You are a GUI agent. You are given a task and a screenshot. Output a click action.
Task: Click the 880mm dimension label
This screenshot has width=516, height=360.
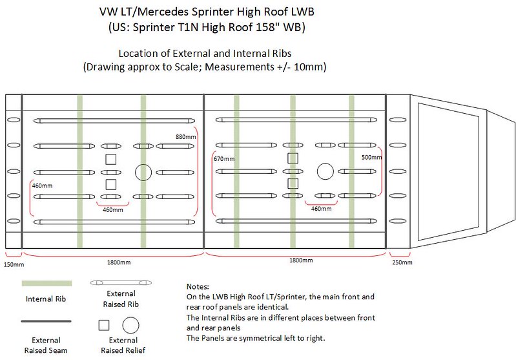(x=185, y=136)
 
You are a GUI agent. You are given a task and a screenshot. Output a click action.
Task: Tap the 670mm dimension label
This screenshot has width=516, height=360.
(x=224, y=159)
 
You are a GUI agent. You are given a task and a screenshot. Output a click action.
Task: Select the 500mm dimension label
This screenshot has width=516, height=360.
(x=371, y=158)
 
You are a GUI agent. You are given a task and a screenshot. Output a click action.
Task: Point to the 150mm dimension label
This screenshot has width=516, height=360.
(x=14, y=264)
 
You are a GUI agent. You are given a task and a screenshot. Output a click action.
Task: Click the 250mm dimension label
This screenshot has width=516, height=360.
(x=402, y=262)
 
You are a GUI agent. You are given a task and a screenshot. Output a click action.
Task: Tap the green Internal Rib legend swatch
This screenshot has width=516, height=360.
(x=46, y=283)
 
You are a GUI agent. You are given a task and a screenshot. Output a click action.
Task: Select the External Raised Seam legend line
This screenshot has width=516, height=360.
(x=46, y=321)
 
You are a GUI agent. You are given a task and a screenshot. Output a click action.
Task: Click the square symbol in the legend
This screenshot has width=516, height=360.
(x=104, y=325)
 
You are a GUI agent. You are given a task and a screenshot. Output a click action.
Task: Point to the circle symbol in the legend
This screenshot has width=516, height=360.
(x=130, y=325)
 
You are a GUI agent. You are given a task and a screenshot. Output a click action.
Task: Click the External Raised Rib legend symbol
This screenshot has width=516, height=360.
(x=121, y=282)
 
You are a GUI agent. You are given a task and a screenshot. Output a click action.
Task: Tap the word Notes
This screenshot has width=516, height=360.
(x=198, y=286)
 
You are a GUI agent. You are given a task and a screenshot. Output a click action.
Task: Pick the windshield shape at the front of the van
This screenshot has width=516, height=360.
(x=418, y=171)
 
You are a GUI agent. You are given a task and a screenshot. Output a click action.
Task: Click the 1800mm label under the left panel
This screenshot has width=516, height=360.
(x=119, y=262)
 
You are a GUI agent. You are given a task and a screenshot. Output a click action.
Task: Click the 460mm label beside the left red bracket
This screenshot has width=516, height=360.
(x=42, y=185)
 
